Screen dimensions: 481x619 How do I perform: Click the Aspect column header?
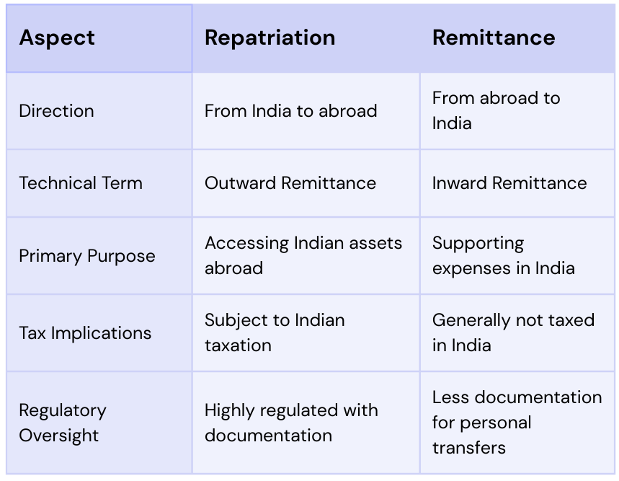(57, 38)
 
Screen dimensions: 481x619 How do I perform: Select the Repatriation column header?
(270, 38)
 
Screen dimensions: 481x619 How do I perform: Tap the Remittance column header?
(494, 38)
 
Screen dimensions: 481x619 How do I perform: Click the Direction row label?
(57, 111)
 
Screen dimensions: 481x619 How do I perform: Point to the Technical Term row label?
(81, 183)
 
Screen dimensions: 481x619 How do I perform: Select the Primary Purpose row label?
(87, 256)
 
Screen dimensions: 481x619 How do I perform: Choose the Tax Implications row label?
(85, 333)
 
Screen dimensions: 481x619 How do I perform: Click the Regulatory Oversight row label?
(63, 423)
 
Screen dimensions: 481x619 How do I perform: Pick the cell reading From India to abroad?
(290, 111)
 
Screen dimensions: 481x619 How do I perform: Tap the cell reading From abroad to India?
(496, 110)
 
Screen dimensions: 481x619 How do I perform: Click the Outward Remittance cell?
(290, 183)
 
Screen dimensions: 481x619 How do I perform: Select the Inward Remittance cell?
(509, 183)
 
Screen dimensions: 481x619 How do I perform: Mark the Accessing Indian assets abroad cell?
(303, 255)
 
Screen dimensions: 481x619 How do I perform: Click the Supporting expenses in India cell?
(503, 255)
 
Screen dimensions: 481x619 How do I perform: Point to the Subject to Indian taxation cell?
(275, 332)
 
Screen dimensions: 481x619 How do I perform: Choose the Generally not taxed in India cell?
(513, 332)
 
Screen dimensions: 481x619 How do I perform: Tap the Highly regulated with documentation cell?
(291, 423)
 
